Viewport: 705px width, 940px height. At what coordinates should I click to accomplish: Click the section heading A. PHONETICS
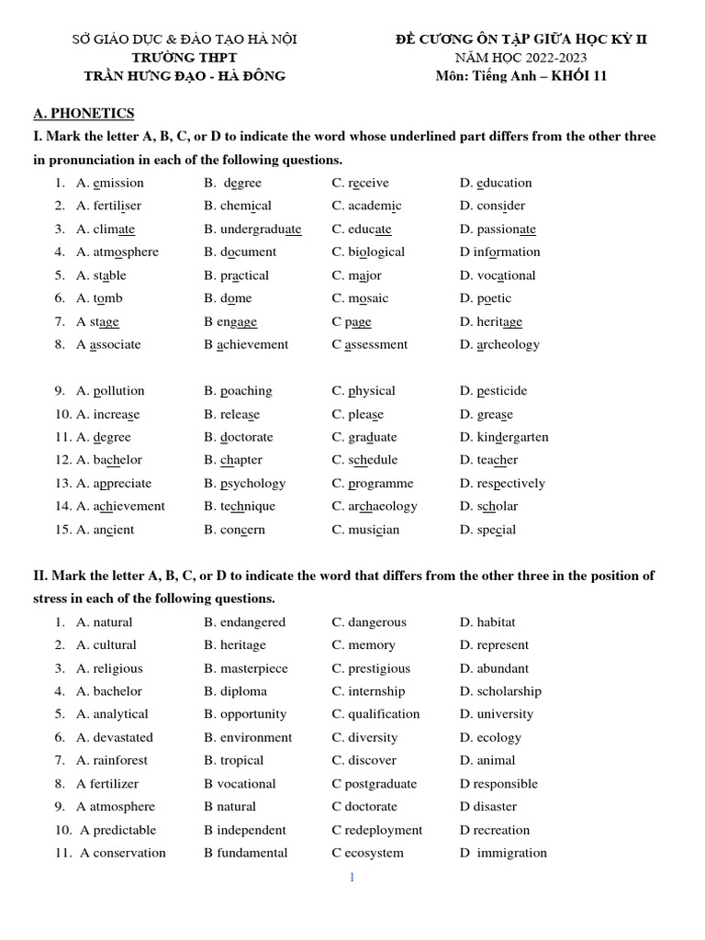point(84,113)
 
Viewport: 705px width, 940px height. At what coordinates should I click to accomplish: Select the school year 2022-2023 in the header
point(553,57)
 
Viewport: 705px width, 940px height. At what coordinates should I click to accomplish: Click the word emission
point(118,183)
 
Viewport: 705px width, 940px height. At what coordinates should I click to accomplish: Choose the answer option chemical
point(245,206)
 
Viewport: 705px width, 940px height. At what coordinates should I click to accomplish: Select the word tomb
point(107,298)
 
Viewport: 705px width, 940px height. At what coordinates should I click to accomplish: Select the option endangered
point(252,622)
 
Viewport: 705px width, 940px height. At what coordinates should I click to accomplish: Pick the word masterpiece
point(253,668)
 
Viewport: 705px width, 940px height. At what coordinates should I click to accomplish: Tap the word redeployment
point(384,830)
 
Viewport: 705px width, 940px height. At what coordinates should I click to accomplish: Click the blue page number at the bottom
point(352,877)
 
